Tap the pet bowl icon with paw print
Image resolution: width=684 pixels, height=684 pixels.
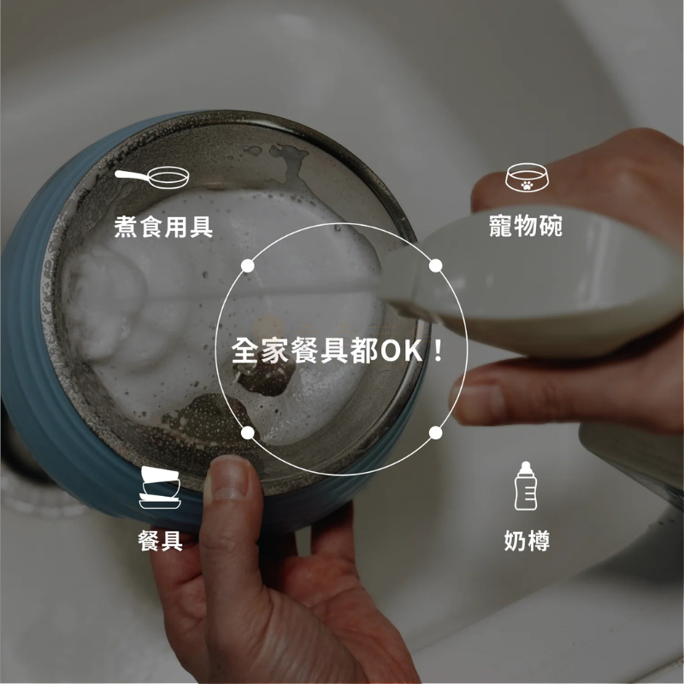(x=527, y=177)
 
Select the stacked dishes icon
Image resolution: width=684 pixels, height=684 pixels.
(x=160, y=487)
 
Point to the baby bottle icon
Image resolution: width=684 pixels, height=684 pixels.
(x=526, y=486)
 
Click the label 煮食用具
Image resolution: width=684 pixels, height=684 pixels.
(x=163, y=227)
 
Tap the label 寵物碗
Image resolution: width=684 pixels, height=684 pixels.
(x=526, y=226)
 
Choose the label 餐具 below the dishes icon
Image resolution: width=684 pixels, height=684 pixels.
(x=160, y=541)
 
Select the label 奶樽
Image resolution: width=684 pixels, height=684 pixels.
(x=527, y=541)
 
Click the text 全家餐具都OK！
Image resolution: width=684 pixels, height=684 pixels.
(x=337, y=351)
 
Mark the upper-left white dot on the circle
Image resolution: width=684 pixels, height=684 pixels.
(x=247, y=266)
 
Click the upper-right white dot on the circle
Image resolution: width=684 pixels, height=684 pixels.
(x=435, y=266)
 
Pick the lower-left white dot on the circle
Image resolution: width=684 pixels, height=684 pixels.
(x=247, y=433)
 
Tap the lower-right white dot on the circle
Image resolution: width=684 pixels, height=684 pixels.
(x=435, y=433)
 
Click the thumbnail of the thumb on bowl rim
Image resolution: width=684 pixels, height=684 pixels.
(x=227, y=479)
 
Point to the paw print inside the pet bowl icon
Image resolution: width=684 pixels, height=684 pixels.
(x=527, y=186)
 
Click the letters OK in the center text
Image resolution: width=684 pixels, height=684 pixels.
(x=402, y=351)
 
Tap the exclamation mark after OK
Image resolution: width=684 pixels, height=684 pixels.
(x=438, y=351)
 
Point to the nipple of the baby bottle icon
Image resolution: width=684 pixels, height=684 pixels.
(x=526, y=464)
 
